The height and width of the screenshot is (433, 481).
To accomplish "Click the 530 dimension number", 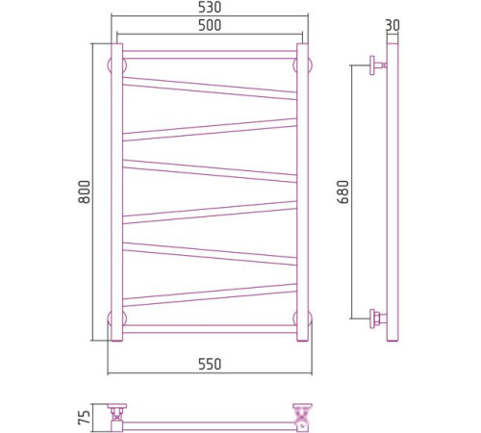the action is [x=210, y=8].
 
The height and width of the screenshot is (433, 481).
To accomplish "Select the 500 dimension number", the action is [x=210, y=26].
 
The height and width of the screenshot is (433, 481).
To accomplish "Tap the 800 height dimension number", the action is [x=85, y=191].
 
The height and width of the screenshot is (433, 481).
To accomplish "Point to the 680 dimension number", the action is [x=343, y=191].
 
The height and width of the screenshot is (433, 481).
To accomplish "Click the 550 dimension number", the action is [x=210, y=365].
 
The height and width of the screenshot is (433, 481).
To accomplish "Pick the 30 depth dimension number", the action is [x=392, y=26].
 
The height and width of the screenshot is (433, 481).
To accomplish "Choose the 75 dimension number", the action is [x=84, y=418].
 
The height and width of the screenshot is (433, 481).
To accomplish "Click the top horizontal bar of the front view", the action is [x=210, y=55].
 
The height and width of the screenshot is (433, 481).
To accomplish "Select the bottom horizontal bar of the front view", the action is [x=210, y=329].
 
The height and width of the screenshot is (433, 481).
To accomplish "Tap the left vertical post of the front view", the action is [x=116, y=191].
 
